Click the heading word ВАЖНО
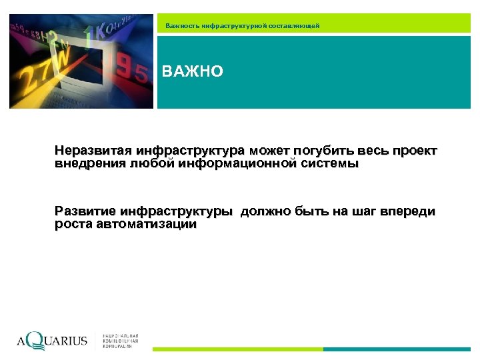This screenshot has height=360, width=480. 193,71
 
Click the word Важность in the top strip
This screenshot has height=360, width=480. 181,25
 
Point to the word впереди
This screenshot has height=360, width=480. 408,212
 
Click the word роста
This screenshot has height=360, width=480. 73,225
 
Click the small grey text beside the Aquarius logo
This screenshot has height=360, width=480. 121,341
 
